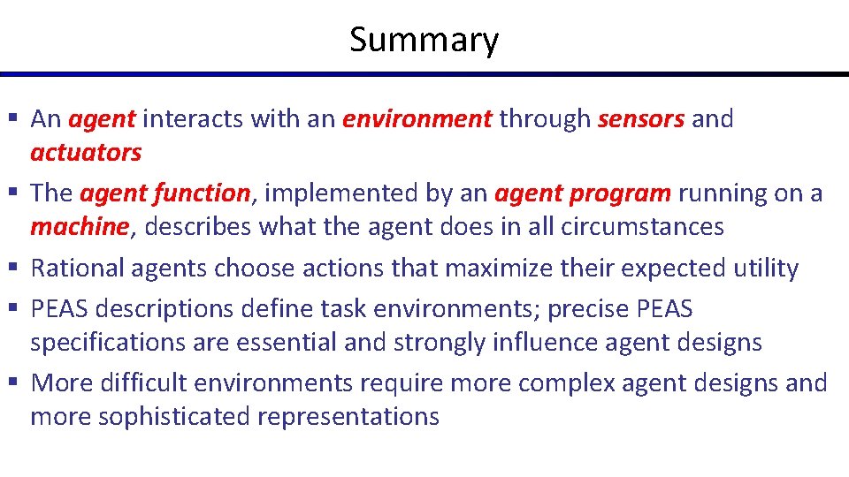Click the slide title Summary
424,40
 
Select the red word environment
417,119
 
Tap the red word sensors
640,119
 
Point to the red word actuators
86,153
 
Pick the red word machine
80,227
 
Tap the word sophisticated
174,417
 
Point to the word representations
348,417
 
